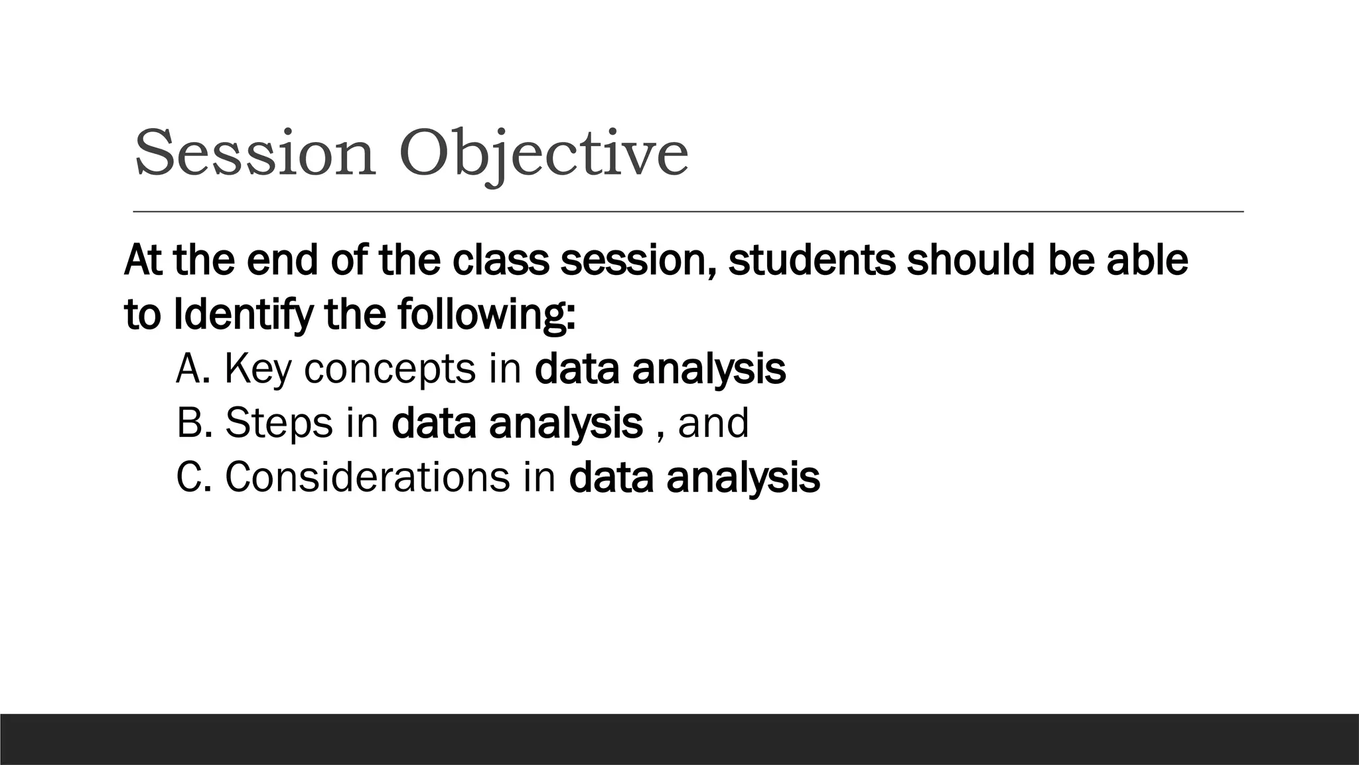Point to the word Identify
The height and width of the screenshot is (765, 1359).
tap(243, 315)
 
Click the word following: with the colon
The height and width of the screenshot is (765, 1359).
tap(486, 315)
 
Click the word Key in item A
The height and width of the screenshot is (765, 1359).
tap(257, 369)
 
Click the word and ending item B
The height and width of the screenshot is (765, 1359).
tap(713, 423)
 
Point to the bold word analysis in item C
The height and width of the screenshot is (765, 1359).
tap(743, 477)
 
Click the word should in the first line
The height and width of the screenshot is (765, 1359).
tap(971, 260)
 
